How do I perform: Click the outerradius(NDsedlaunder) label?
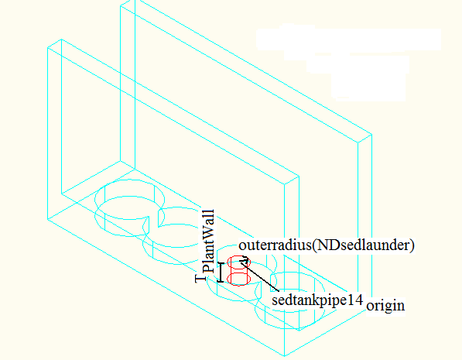click(327, 245)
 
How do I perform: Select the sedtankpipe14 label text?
click(317, 300)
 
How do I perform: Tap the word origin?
click(385, 306)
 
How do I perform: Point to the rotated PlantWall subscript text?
click(208, 241)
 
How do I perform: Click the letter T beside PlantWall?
click(200, 278)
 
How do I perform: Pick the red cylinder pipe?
click(239, 271)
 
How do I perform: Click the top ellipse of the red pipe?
click(239, 262)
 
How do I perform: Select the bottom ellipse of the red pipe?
click(239, 279)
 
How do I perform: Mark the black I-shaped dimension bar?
click(221, 273)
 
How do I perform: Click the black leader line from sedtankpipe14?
click(259, 276)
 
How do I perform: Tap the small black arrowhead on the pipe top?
click(245, 259)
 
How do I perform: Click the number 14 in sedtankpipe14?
click(357, 300)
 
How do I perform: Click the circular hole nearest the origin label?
click(290, 300)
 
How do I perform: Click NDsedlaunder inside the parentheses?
click(362, 245)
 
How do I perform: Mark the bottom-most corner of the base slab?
click(285, 356)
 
